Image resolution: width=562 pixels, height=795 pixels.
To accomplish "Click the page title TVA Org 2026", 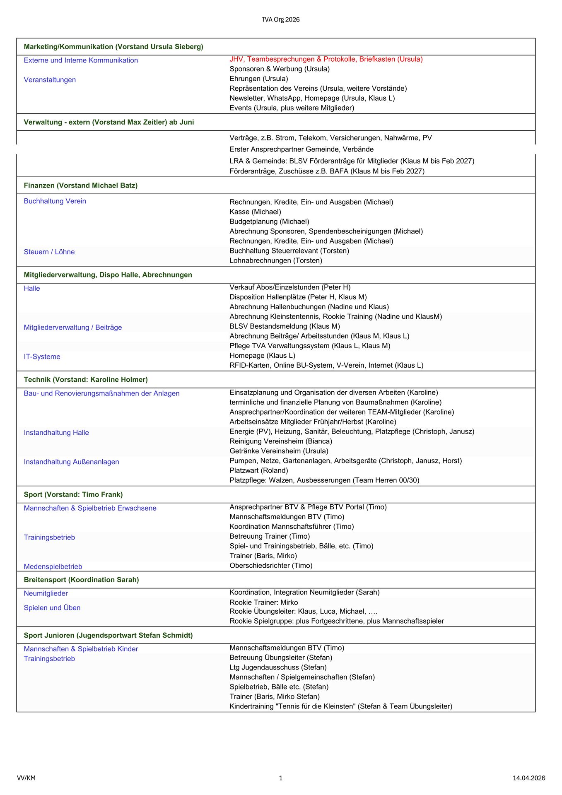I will [x=280, y=19].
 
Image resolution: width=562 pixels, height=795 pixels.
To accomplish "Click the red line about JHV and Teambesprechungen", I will [x=326, y=59].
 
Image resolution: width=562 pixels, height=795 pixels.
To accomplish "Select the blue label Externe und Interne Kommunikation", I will [x=81, y=60].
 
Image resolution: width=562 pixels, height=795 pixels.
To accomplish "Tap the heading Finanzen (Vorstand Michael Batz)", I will [x=81, y=185].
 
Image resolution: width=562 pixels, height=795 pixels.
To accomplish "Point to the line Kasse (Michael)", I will [x=255, y=212].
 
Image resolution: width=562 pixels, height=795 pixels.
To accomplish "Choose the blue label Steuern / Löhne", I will [x=49, y=252].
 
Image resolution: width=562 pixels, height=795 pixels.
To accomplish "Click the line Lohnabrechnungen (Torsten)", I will [x=276, y=260].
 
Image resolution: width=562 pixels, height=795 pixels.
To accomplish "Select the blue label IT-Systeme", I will [x=42, y=357].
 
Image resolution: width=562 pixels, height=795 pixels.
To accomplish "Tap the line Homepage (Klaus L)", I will [x=262, y=356].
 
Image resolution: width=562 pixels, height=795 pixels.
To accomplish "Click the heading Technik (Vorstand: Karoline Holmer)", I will [x=86, y=380].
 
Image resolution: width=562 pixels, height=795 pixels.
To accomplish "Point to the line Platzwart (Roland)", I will [x=259, y=470].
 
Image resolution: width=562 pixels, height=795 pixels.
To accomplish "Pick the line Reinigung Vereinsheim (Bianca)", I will [x=281, y=441].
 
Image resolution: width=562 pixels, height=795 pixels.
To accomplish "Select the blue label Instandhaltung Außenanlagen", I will [x=71, y=462].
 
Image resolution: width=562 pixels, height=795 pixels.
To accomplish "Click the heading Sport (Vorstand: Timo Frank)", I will [x=73, y=495].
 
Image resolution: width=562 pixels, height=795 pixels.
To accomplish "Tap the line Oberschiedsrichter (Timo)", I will [x=271, y=566].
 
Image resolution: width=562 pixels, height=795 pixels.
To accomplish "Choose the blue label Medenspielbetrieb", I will [x=53, y=566].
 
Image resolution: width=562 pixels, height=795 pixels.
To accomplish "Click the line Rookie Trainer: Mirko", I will [x=264, y=602].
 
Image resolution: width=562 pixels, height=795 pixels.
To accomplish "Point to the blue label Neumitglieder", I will [x=46, y=593].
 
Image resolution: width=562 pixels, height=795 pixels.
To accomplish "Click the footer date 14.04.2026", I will [x=529, y=778].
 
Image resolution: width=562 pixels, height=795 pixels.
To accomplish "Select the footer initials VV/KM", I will [x=26, y=778].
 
